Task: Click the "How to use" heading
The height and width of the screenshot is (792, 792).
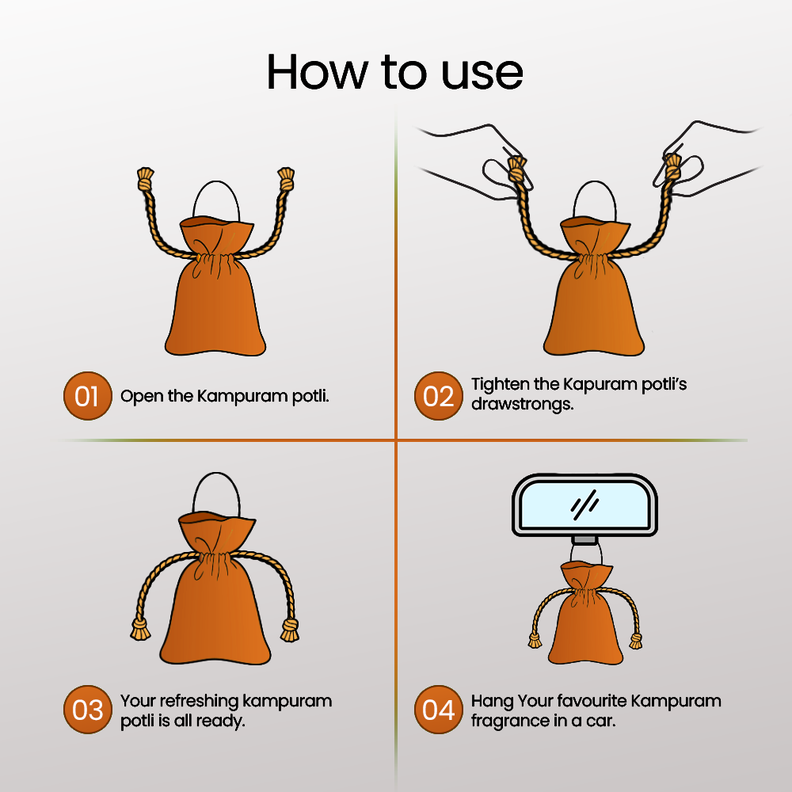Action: [x=394, y=72]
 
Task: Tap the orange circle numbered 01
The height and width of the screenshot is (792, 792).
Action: [x=87, y=396]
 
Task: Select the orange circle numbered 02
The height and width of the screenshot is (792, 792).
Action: [x=439, y=396]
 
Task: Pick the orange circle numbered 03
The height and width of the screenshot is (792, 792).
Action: [x=87, y=710]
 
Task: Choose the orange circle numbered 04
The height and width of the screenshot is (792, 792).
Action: [x=439, y=710]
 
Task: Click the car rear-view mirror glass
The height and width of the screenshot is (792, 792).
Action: [x=584, y=504]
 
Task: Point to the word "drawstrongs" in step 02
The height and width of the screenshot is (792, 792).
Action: [x=522, y=405]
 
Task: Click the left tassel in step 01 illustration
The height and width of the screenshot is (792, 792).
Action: [x=145, y=179]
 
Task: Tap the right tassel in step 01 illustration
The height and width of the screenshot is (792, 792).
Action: [x=287, y=179]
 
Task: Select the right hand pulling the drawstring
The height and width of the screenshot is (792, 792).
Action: [x=707, y=157]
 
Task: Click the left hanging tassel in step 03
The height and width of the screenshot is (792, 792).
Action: [x=140, y=630]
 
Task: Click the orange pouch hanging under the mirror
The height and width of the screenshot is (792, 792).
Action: [x=585, y=614]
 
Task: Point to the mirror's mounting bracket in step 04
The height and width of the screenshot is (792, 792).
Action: [x=584, y=540]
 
